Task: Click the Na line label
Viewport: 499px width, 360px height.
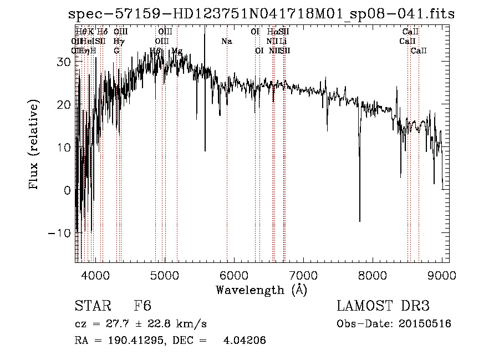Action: point(226,41)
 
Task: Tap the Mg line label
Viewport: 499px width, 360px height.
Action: point(176,50)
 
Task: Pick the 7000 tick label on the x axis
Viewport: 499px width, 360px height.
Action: point(303,275)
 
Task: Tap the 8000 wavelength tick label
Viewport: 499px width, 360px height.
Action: point(373,275)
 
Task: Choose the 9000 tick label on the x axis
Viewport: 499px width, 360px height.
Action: point(442,275)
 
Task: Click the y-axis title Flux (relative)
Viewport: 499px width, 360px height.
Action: point(35,145)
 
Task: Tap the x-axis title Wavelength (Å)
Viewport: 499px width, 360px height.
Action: point(261,290)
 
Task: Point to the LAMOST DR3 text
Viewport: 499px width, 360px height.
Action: point(383,306)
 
